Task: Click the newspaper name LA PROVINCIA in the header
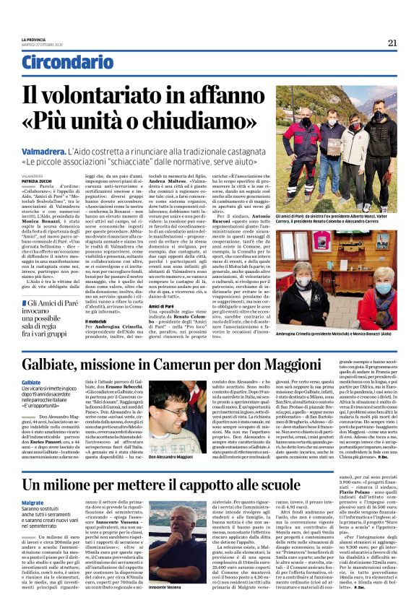pyautogui.click(x=31, y=38)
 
